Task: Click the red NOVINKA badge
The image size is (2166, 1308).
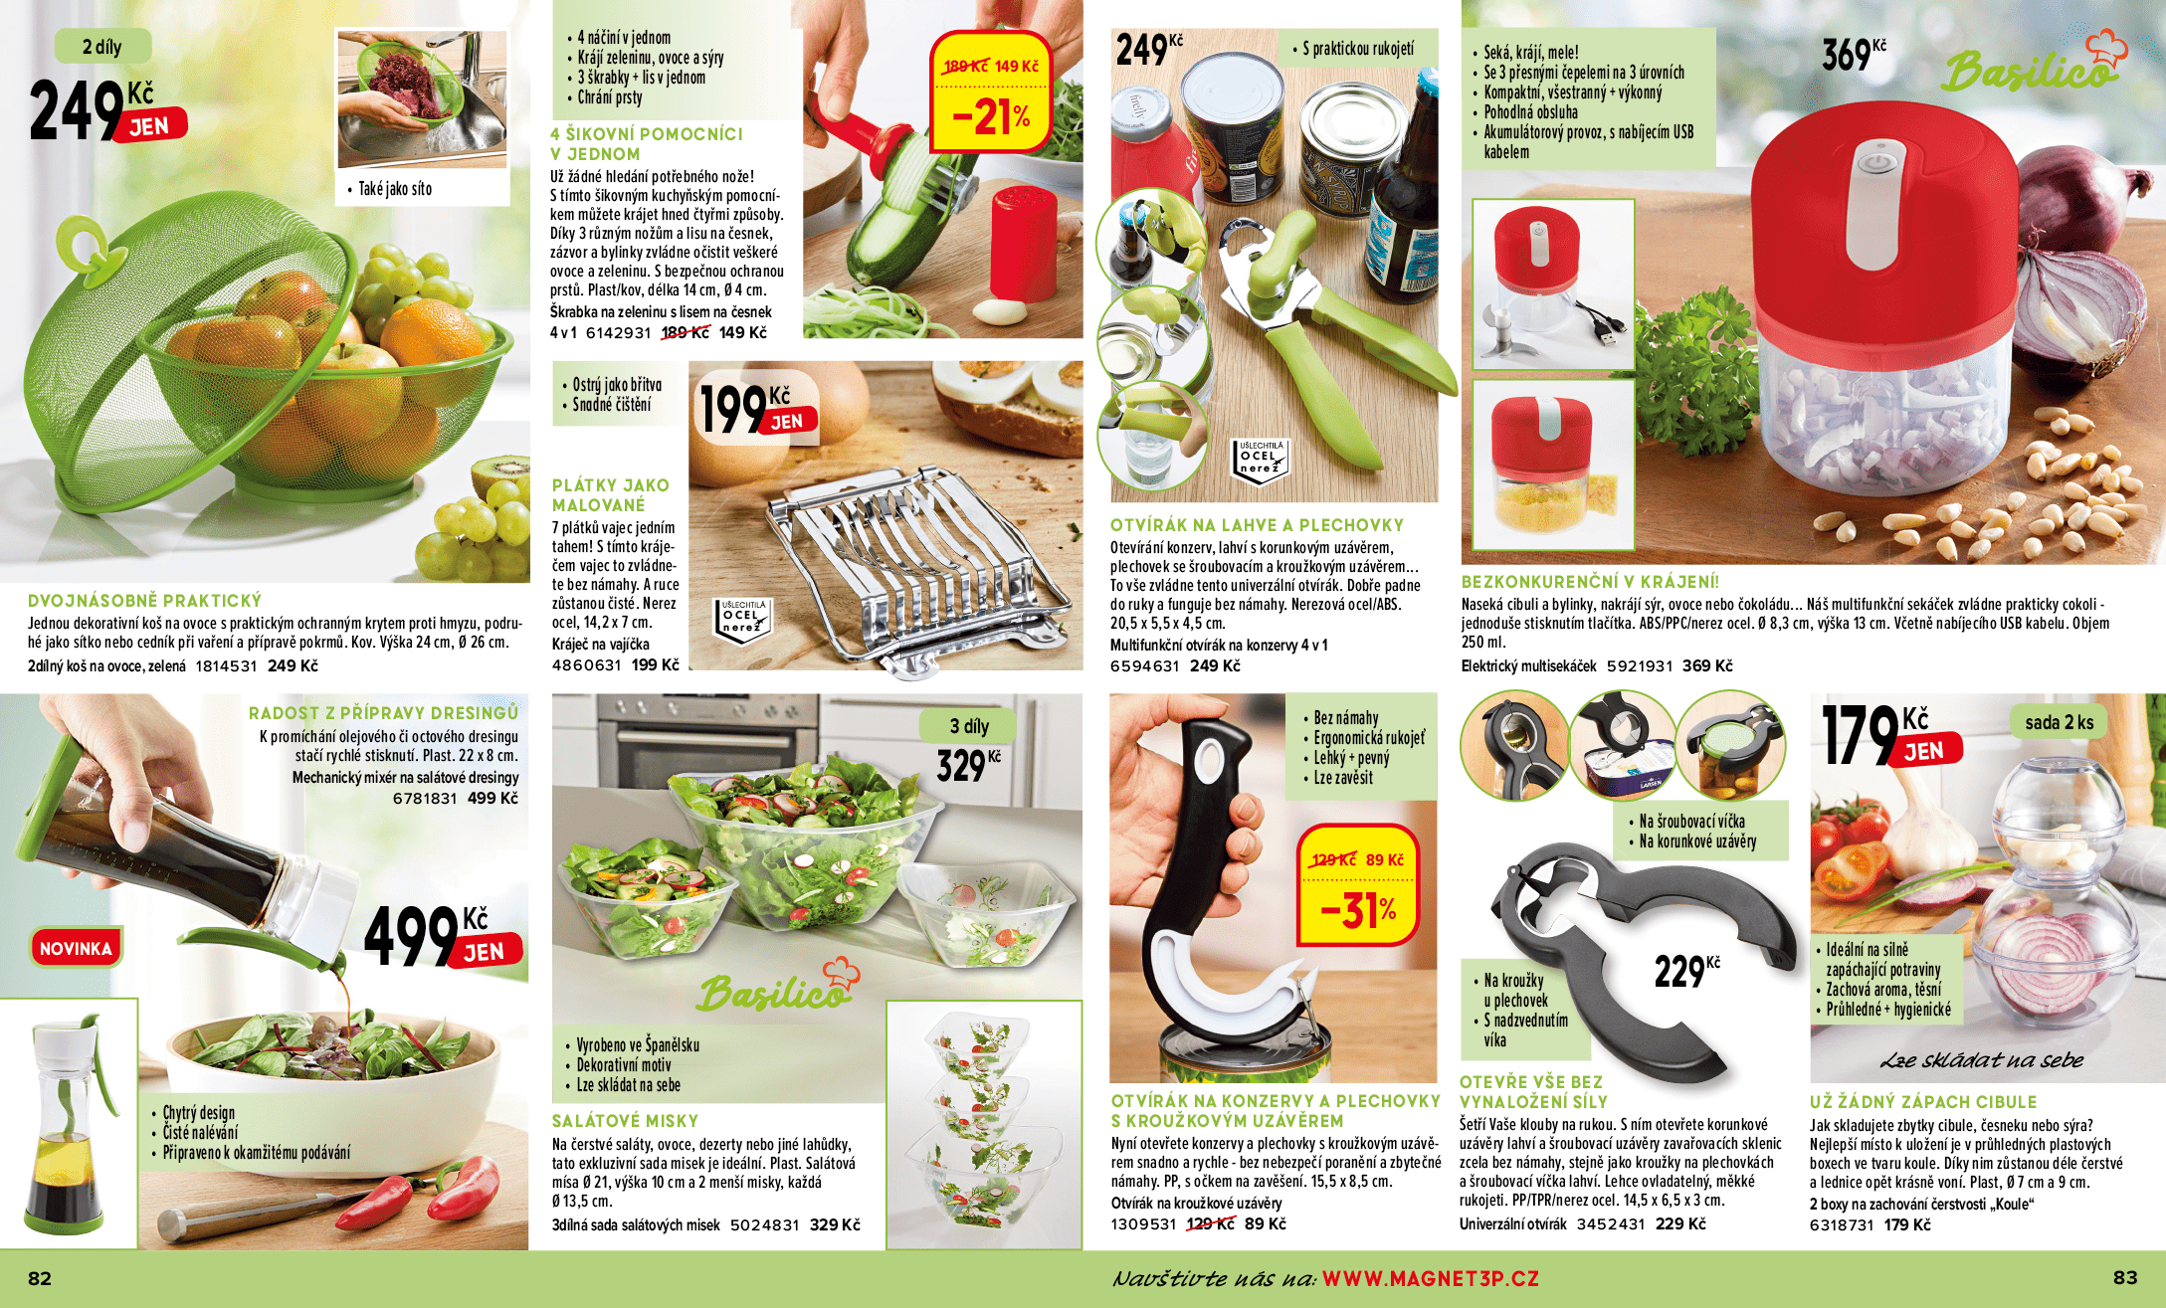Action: click(x=76, y=948)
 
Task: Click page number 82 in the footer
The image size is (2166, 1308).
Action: click(x=40, y=1278)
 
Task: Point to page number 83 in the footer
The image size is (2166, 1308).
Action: click(x=2125, y=1277)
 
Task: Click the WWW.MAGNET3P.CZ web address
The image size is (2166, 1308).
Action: click(x=1430, y=1278)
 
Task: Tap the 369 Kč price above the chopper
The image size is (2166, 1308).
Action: click(x=1854, y=55)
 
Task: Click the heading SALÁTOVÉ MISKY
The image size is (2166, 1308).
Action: click(x=625, y=1120)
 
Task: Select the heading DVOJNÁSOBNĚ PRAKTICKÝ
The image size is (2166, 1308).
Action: click(x=144, y=601)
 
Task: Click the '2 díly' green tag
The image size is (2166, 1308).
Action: click(x=102, y=47)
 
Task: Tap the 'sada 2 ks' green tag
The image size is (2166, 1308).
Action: click(x=2059, y=722)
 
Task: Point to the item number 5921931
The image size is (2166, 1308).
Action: click(x=1640, y=665)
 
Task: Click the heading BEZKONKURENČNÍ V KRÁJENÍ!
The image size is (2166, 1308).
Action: click(x=1589, y=582)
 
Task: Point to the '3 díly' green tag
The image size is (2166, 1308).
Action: click(x=969, y=725)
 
